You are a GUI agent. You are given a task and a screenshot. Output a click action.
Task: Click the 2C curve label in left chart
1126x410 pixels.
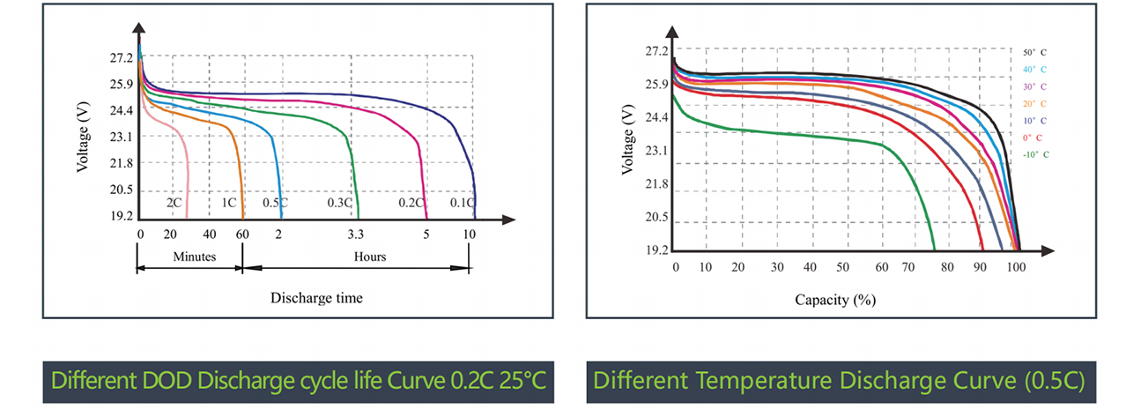click(x=174, y=203)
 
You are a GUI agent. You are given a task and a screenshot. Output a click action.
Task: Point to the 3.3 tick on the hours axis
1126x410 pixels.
click(x=356, y=235)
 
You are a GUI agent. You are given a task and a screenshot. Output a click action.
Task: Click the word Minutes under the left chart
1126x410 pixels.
click(x=189, y=257)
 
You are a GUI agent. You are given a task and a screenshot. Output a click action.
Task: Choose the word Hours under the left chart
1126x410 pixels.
click(x=371, y=257)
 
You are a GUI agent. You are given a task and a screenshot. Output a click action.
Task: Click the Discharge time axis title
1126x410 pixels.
click(x=316, y=298)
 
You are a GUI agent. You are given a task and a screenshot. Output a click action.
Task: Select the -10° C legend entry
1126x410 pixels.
click(x=1035, y=154)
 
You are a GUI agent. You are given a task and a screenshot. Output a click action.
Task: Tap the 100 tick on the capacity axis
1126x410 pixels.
click(x=1016, y=267)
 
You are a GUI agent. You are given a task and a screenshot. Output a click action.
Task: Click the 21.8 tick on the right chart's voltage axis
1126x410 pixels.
click(x=657, y=183)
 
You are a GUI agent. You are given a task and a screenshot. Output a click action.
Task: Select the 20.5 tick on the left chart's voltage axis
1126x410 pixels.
click(x=122, y=190)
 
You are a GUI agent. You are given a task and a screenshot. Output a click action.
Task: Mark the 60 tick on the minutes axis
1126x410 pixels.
click(x=242, y=235)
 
